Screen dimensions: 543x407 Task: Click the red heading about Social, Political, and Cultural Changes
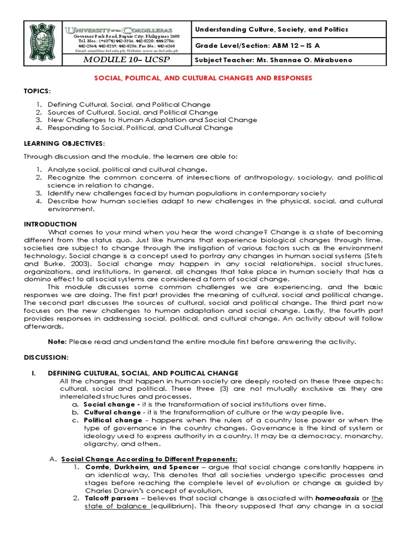[x=203, y=78]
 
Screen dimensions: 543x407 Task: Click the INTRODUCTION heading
[x=50, y=224]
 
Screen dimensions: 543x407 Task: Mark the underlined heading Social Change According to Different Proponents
[x=149, y=459]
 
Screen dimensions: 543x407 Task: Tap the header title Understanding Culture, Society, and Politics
[x=272, y=30]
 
